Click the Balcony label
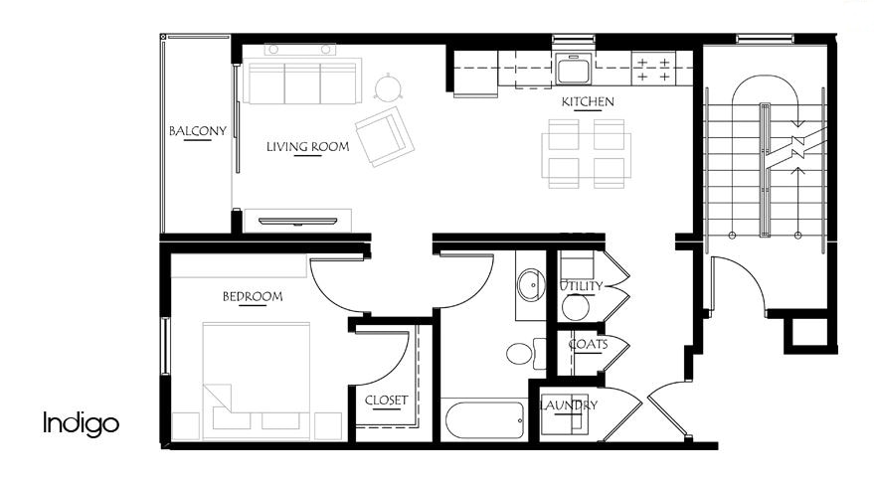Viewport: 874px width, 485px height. [x=197, y=131]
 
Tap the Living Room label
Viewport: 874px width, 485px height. [x=307, y=147]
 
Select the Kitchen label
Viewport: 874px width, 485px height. [x=588, y=102]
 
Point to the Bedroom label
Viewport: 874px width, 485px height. [x=252, y=296]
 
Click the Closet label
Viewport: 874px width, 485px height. [x=386, y=401]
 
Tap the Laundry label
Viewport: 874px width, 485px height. [x=568, y=405]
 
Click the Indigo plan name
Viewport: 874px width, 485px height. [x=81, y=424]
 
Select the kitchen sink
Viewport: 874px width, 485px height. [x=573, y=69]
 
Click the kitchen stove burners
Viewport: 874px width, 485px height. [x=652, y=68]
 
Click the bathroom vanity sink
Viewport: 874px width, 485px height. [x=530, y=285]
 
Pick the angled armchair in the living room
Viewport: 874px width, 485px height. [x=385, y=136]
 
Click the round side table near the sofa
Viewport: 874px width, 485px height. [x=386, y=89]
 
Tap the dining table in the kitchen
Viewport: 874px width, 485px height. [x=585, y=153]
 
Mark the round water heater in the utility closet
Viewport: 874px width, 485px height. [x=576, y=307]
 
